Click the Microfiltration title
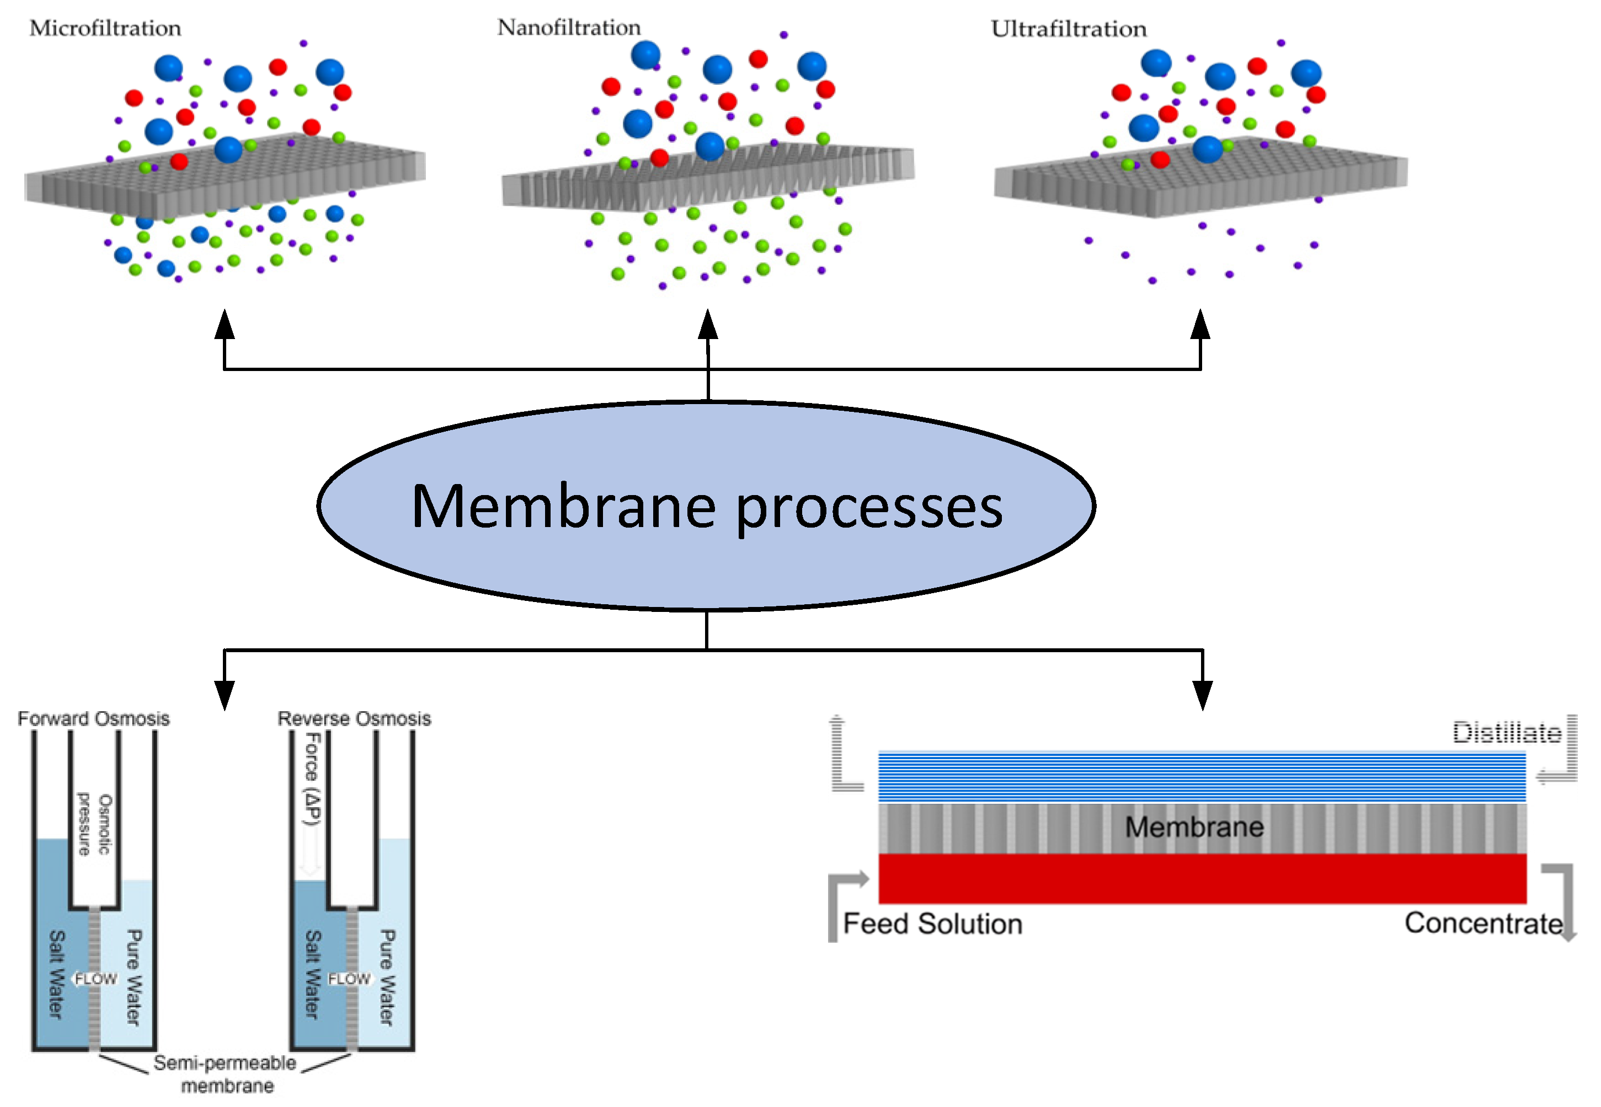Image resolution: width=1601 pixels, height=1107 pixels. [105, 29]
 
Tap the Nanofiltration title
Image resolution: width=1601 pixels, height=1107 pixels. [568, 28]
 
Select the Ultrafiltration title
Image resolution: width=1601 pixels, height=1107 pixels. [1068, 29]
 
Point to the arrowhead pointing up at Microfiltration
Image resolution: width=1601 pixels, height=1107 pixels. [224, 325]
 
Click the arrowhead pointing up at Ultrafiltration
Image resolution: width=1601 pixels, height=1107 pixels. [1200, 325]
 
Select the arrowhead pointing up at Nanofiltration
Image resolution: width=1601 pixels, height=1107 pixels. [707, 325]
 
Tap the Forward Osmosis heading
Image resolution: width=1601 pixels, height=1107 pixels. [93, 718]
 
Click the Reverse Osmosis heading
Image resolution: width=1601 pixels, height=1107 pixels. [354, 718]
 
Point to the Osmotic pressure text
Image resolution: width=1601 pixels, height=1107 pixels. [94, 824]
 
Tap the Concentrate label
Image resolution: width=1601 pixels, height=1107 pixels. [1483, 923]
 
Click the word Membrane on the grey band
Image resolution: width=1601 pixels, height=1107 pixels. [1194, 827]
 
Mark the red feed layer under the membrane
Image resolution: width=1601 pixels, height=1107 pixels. [1202, 878]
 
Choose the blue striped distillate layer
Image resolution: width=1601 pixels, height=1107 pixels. [1202, 777]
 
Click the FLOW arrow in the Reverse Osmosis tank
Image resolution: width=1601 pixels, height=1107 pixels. [349, 979]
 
